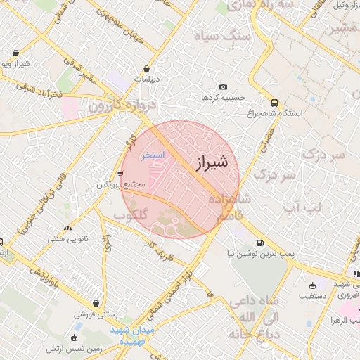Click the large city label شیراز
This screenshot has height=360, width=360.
click(x=210, y=162)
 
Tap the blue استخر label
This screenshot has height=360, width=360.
click(x=153, y=155)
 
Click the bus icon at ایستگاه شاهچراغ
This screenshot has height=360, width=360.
click(x=274, y=101)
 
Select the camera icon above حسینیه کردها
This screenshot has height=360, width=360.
click(x=223, y=86)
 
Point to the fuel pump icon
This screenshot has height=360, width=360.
click(x=262, y=243)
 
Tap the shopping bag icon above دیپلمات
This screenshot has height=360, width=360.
click(x=146, y=69)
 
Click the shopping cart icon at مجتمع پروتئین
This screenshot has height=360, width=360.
click(x=121, y=173)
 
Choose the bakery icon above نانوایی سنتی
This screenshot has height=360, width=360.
click(x=67, y=229)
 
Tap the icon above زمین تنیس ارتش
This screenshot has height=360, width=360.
click(x=75, y=337)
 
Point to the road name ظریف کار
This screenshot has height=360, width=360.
click(x=157, y=247)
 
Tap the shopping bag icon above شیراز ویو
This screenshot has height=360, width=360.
click(x=15, y=53)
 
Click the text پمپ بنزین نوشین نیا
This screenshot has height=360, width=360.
click(x=255, y=254)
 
